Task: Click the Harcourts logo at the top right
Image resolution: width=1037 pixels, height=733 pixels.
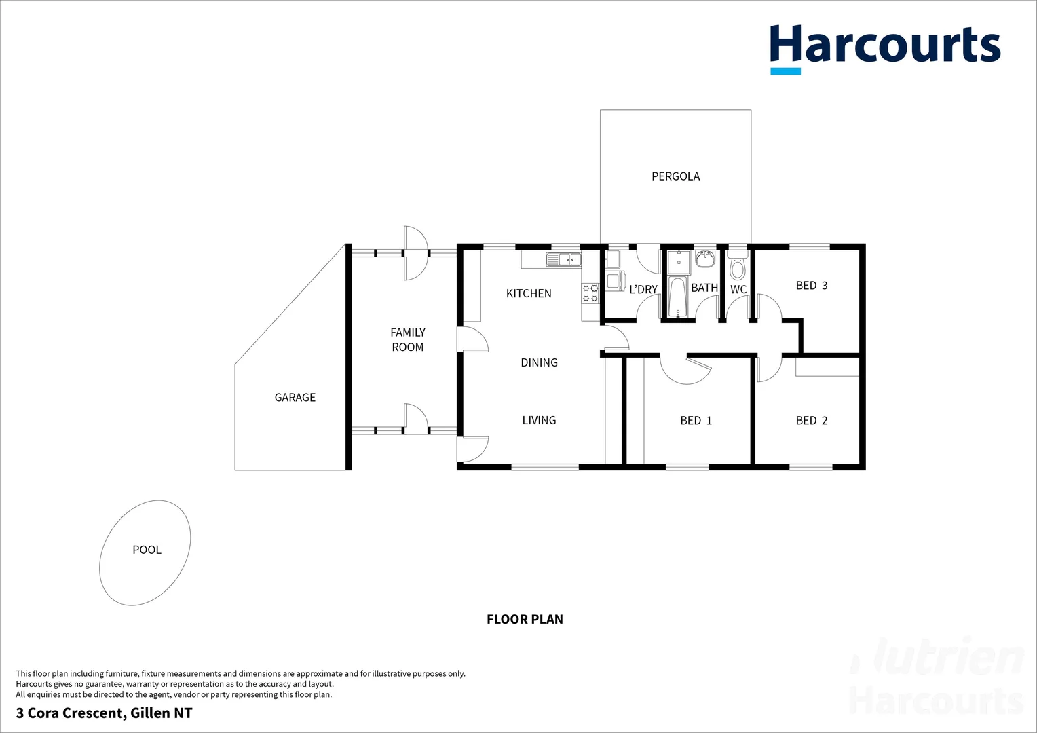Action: pyautogui.click(x=885, y=48)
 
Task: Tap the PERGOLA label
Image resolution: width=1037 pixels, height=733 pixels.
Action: pyautogui.click(x=675, y=176)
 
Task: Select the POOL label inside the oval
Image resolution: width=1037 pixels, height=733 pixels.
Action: pyautogui.click(x=147, y=550)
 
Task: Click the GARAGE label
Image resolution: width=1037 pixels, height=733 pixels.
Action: pyautogui.click(x=295, y=398)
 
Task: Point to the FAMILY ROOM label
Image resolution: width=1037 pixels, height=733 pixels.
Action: pyautogui.click(x=408, y=339)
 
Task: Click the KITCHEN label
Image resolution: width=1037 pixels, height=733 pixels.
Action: pyautogui.click(x=529, y=293)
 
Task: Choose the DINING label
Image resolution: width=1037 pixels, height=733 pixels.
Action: pyautogui.click(x=539, y=362)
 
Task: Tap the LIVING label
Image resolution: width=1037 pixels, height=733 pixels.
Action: pyautogui.click(x=539, y=420)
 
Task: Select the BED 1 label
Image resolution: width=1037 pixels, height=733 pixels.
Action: pyautogui.click(x=696, y=421)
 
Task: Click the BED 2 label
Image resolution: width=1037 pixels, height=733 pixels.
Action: pyautogui.click(x=811, y=421)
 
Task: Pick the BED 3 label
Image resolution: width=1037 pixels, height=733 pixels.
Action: pyautogui.click(x=811, y=286)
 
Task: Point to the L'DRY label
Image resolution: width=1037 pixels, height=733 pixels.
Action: pyautogui.click(x=643, y=290)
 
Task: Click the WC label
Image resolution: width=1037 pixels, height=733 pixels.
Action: pyautogui.click(x=738, y=290)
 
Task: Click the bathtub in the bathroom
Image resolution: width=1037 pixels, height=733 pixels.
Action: pyautogui.click(x=678, y=297)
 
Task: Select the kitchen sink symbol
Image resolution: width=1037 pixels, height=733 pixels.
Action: pyautogui.click(x=563, y=259)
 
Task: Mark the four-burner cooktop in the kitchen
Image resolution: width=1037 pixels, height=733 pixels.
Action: pyautogui.click(x=590, y=293)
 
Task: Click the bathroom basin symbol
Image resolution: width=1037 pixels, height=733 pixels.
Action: pyautogui.click(x=705, y=259)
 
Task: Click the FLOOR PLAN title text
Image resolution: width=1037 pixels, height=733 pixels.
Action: pyautogui.click(x=525, y=619)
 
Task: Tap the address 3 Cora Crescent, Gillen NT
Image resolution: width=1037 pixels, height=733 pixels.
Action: pyautogui.click(x=104, y=713)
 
